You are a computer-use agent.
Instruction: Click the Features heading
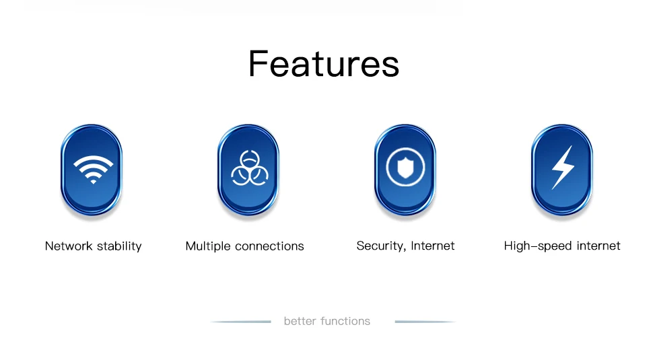coord(324,64)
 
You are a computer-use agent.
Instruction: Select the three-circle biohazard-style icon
coord(250,168)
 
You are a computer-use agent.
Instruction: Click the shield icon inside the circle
coord(405,168)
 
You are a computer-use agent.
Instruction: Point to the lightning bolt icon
coord(563,168)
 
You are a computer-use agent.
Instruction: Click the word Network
coord(69,246)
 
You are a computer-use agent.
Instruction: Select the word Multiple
coord(208,246)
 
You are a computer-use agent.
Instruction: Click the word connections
coord(269,246)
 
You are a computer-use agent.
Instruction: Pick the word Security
coord(380,246)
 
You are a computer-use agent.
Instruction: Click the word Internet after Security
coord(433,246)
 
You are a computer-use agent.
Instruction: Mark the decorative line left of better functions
coord(241,322)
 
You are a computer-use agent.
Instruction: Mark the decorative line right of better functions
coord(425,322)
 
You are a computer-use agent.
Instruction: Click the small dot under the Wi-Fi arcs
coord(94,182)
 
